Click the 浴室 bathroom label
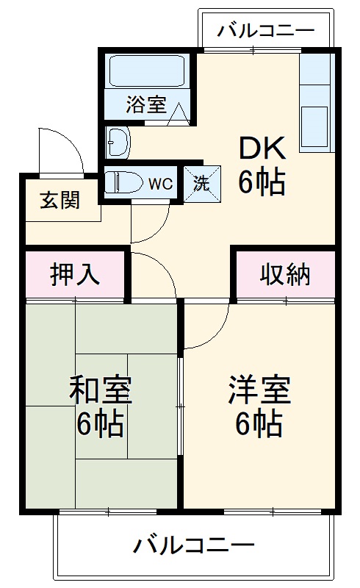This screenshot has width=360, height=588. point(145,104)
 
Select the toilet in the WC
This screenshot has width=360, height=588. point(125,182)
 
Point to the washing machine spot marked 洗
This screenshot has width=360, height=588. point(201,182)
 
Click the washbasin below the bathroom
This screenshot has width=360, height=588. point(117,140)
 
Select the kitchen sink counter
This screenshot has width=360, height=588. point(317,104)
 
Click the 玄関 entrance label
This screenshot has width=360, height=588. point(60,200)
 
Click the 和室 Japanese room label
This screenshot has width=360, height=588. point(100,390)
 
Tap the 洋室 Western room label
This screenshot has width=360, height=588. point(259,390)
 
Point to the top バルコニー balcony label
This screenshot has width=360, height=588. point(266,32)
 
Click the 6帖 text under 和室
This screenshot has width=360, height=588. point(100,425)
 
